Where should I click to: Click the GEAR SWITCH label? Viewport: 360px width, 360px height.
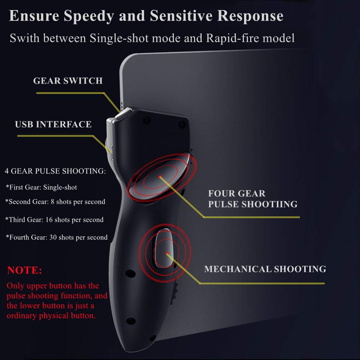(68, 81)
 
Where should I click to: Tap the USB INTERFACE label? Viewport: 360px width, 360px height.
(53, 125)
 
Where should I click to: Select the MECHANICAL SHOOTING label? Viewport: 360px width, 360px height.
(265, 269)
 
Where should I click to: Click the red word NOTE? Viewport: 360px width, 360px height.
(24, 270)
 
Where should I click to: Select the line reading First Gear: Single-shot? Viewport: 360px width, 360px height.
(41, 187)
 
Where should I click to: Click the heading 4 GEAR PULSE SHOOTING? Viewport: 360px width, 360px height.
(55, 171)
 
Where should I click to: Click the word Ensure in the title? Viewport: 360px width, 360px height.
(31, 16)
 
